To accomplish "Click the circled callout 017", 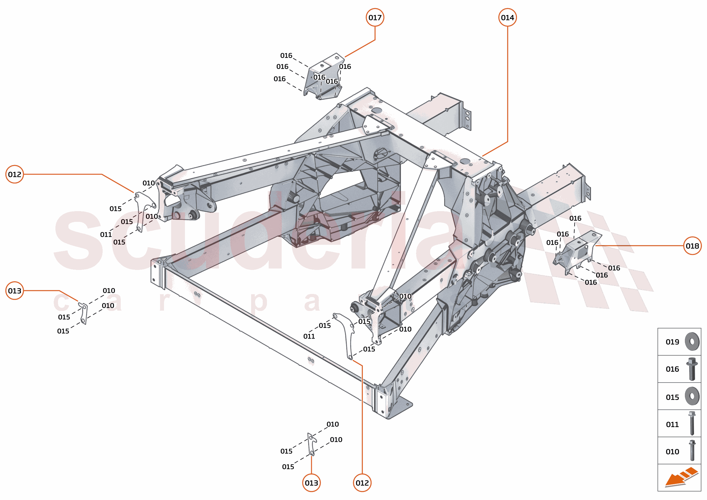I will pyautogui.click(x=375, y=18).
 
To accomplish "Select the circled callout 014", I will pyautogui.click(x=507, y=18).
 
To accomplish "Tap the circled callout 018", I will pyautogui.click(x=692, y=246).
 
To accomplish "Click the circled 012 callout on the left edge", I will pyautogui.click(x=14, y=174).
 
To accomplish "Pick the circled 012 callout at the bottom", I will pyautogui.click(x=362, y=483).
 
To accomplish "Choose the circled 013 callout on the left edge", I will pyautogui.click(x=14, y=291).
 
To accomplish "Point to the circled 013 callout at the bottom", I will pyautogui.click(x=311, y=483).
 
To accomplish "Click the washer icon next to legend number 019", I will pyautogui.click(x=692, y=341).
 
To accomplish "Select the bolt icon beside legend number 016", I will pyautogui.click(x=692, y=369).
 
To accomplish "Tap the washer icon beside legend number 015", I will pyautogui.click(x=692, y=396).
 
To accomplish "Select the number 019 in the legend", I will pyautogui.click(x=672, y=342).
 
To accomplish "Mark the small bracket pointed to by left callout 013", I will pyautogui.click(x=83, y=313).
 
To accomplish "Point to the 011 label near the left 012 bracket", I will pyautogui.click(x=106, y=235).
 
